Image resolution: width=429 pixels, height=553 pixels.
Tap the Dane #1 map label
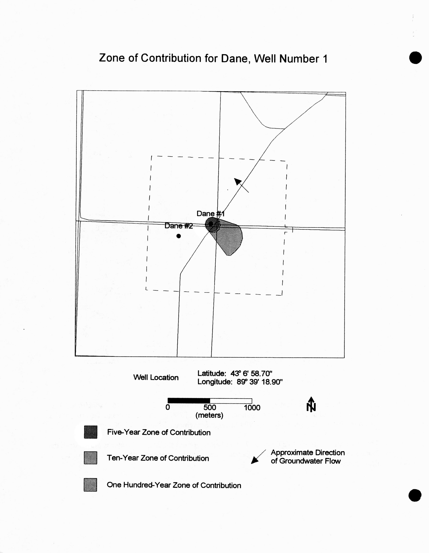pos(210,214)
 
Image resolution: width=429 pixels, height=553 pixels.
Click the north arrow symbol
pos(311,404)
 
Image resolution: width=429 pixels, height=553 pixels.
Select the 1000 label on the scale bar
pos(252,408)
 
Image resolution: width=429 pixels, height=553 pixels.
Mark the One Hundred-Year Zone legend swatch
pos(91,485)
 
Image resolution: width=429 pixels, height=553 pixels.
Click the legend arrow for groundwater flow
pos(257,457)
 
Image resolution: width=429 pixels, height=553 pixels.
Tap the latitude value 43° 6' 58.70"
pos(251,373)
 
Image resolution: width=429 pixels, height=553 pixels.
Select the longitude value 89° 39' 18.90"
pos(260,382)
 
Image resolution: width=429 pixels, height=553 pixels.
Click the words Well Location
pos(156,377)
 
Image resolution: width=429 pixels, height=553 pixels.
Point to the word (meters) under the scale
pos(209,415)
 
